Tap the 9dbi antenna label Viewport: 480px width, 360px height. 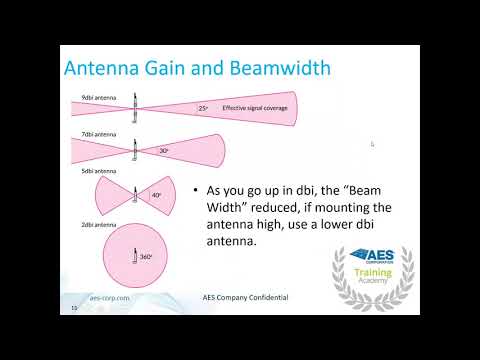click(x=98, y=96)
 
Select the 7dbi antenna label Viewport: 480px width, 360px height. click(x=98, y=131)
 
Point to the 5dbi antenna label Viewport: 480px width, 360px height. click(x=98, y=170)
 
